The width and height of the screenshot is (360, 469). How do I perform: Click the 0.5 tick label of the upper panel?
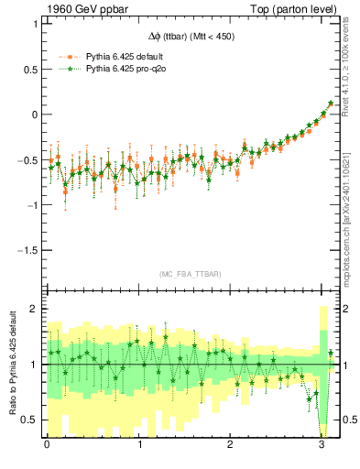click(29, 69)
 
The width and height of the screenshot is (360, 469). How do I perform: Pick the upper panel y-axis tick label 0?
click(34, 115)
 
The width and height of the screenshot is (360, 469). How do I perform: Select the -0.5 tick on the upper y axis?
click(27, 159)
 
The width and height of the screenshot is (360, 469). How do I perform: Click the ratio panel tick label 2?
click(34, 309)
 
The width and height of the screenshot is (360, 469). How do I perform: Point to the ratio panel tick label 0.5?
click(29, 420)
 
